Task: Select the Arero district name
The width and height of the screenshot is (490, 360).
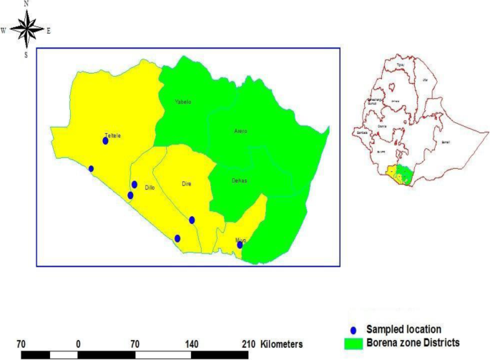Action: point(241,131)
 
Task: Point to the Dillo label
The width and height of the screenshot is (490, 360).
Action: point(150,188)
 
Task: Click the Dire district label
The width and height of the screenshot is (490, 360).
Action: point(186,184)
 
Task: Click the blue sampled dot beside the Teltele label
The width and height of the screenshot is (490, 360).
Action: point(105,141)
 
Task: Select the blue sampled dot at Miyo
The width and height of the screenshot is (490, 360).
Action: point(240,245)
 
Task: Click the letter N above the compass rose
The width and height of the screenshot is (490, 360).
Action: point(26,4)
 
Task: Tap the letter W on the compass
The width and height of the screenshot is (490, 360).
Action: point(4,31)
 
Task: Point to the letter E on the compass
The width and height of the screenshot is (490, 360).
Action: point(49,31)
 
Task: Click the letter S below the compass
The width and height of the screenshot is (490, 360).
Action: point(26,54)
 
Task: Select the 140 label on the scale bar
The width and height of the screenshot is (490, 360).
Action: point(192,344)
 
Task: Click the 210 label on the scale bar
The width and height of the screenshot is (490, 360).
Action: point(248,344)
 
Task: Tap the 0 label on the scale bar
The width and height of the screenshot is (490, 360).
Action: point(78,344)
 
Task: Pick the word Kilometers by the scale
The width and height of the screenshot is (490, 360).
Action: point(287,344)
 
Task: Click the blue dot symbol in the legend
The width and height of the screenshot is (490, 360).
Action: point(352,329)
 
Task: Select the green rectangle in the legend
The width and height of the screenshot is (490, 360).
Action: point(352,343)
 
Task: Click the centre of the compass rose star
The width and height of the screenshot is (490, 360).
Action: point(26,29)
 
